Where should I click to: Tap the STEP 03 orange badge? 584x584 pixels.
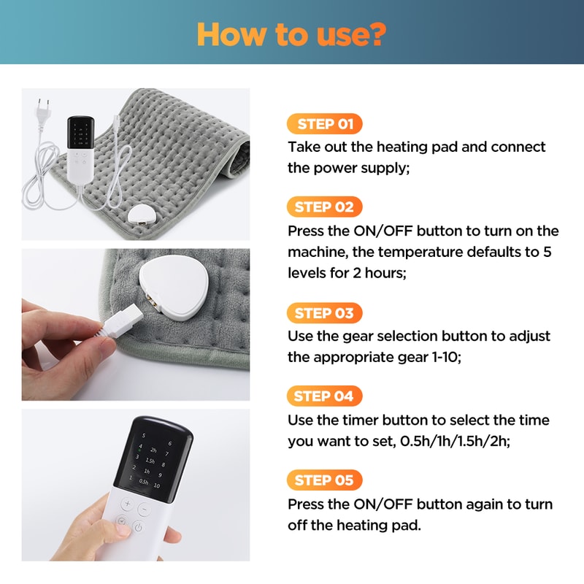[324, 313]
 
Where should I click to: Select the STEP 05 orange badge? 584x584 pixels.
[324, 480]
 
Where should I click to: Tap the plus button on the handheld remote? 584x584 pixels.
[126, 504]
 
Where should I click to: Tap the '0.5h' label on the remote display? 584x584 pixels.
[144, 482]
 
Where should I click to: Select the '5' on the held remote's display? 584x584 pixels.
[144, 436]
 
